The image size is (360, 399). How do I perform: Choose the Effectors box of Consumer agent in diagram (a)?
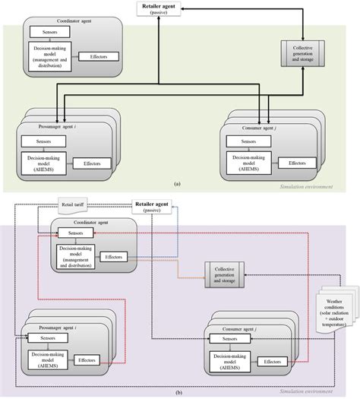point(295,163)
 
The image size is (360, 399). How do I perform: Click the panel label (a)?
point(177,184)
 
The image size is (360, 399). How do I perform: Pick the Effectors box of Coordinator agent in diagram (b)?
point(114,257)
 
